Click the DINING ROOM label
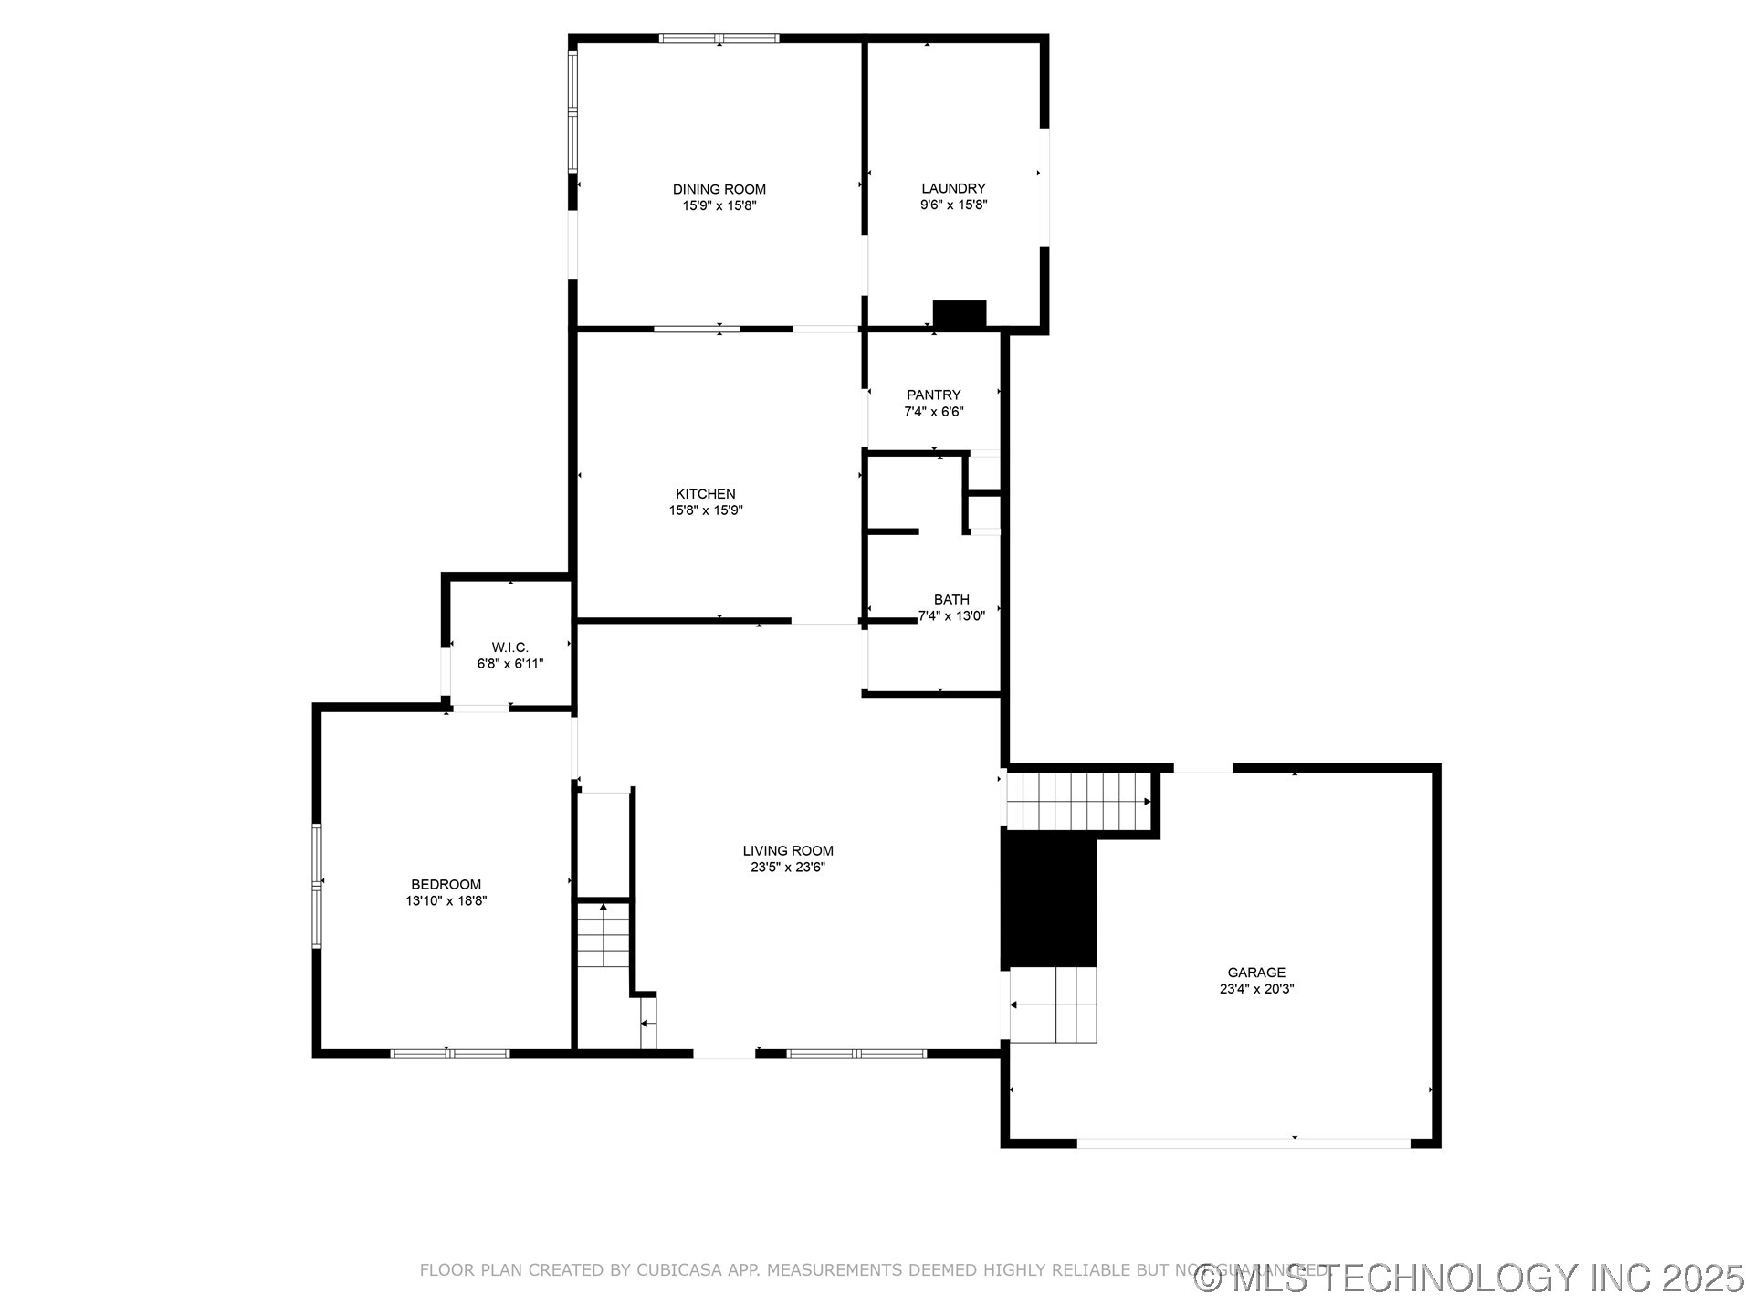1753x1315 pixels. [719, 189]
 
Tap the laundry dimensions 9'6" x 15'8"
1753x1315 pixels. [953, 205]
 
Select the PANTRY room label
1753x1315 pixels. [933, 394]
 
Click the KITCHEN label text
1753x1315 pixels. [705, 494]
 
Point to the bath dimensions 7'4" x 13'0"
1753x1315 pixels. [951, 616]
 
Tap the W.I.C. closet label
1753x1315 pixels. [509, 647]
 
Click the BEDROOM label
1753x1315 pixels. [446, 884]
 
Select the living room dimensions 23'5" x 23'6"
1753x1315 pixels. [788, 868]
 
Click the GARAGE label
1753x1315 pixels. [1256, 973]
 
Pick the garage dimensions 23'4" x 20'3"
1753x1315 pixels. [1256, 989]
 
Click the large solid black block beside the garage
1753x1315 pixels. [1049, 899]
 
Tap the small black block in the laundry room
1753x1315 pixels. [959, 314]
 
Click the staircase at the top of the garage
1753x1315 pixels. [1077, 801]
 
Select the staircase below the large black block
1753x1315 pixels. [1055, 1005]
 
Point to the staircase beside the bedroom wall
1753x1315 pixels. [604, 935]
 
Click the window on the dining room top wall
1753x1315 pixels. [719, 38]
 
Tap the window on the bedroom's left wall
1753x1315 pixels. [317, 884]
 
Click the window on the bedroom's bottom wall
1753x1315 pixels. [449, 1054]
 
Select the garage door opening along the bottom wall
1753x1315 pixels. [1244, 1142]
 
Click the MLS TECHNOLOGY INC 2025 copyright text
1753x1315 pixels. [1470, 1278]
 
